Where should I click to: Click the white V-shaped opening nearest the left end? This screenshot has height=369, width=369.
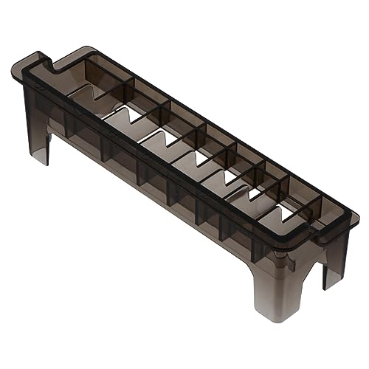[122, 118]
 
